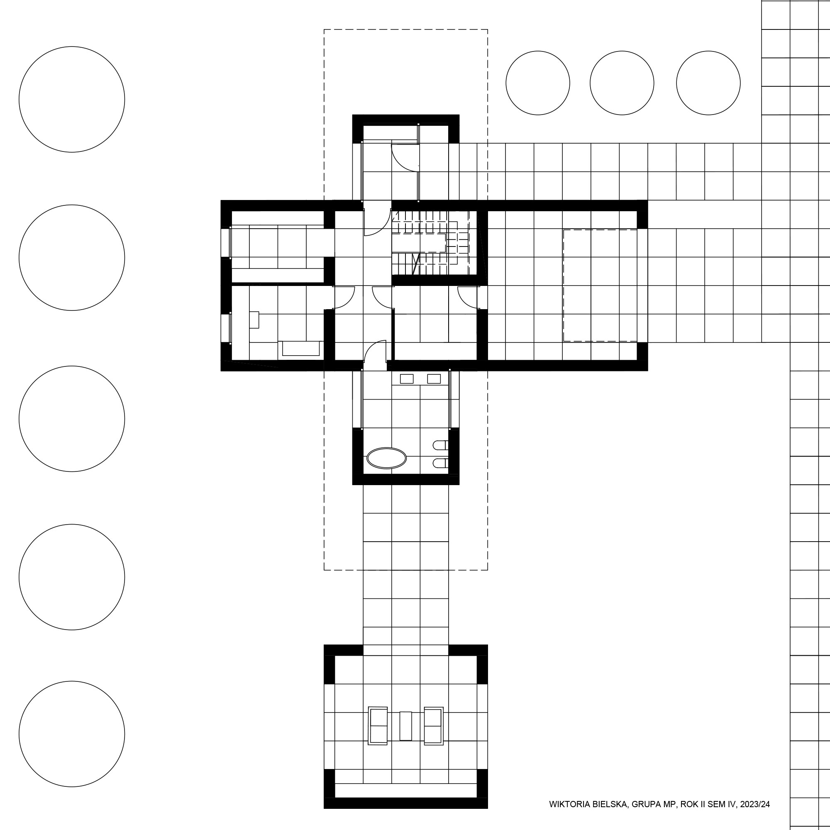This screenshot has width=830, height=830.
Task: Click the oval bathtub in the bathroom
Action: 387,458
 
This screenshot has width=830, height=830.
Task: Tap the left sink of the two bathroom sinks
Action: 406,378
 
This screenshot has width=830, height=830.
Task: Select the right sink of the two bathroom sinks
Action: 434,378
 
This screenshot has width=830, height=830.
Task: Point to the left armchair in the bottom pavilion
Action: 378,725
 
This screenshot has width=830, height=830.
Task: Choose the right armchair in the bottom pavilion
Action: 434,725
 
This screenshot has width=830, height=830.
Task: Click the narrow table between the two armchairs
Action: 405,725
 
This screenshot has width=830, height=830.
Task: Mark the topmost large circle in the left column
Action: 72,99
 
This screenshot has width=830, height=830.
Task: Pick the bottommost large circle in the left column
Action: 72,734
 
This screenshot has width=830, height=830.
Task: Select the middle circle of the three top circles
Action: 622,83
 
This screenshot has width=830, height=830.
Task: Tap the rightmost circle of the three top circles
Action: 708,83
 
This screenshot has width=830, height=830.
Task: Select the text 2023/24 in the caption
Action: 755,804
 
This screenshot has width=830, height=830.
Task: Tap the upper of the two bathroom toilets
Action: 441,445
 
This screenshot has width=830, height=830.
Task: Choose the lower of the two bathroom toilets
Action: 441,463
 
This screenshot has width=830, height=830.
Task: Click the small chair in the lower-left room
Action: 254,320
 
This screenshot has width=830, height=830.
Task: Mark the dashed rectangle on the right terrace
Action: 600,286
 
